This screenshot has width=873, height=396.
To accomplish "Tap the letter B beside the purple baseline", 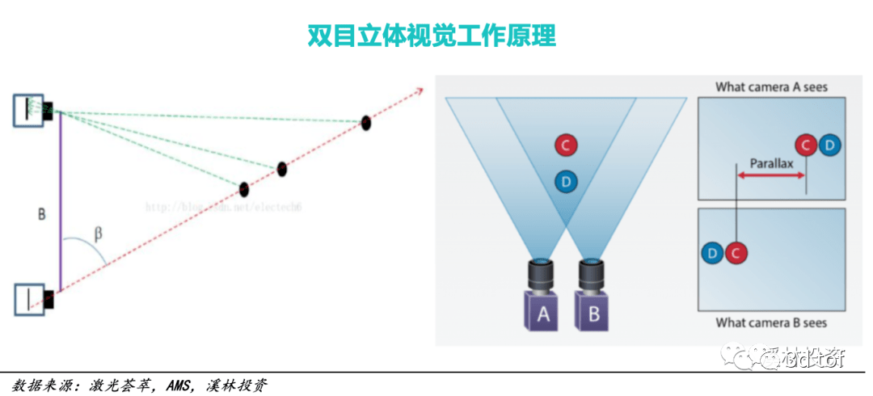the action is click(42, 215).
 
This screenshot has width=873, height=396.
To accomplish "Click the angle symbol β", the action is click(99, 234).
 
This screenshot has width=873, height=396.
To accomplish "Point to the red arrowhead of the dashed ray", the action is click(420, 91).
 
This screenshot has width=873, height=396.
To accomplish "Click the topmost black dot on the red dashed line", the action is click(366, 123).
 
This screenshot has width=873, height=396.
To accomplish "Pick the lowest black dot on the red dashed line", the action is click(244, 189).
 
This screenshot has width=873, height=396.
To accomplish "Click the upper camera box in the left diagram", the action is click(29, 110).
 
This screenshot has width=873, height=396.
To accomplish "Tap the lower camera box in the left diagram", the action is click(29, 298).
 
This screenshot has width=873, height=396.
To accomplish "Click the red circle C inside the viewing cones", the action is click(566, 145).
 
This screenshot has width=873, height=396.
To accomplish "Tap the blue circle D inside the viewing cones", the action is click(566, 182).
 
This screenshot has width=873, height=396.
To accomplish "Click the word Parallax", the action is click(771, 162).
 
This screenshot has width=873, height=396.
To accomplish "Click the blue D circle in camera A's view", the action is click(829, 145).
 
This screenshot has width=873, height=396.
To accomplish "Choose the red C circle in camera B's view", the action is click(735, 253).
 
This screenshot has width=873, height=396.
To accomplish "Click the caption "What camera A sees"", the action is click(771, 86).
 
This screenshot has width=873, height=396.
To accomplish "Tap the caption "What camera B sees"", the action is click(771, 322).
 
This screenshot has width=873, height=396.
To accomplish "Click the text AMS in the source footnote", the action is click(178, 385).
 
